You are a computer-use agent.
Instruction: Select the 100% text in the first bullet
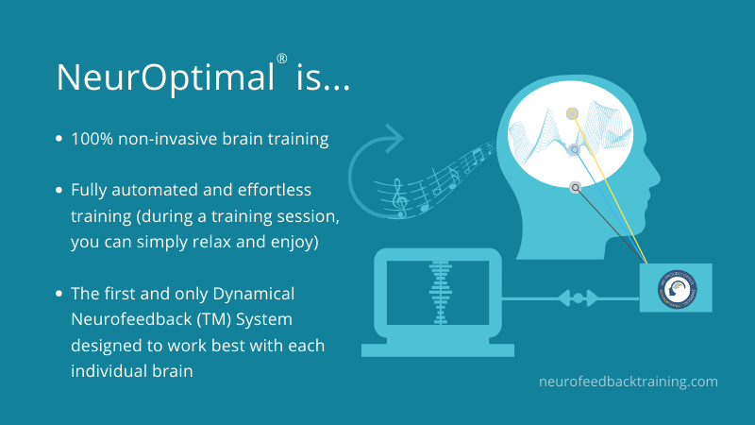(x=92, y=139)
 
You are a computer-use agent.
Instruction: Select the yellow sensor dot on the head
(x=572, y=114)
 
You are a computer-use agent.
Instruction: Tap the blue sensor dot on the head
(x=573, y=150)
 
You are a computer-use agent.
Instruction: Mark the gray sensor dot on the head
(x=575, y=188)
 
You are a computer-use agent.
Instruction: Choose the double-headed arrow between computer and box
(x=581, y=298)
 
